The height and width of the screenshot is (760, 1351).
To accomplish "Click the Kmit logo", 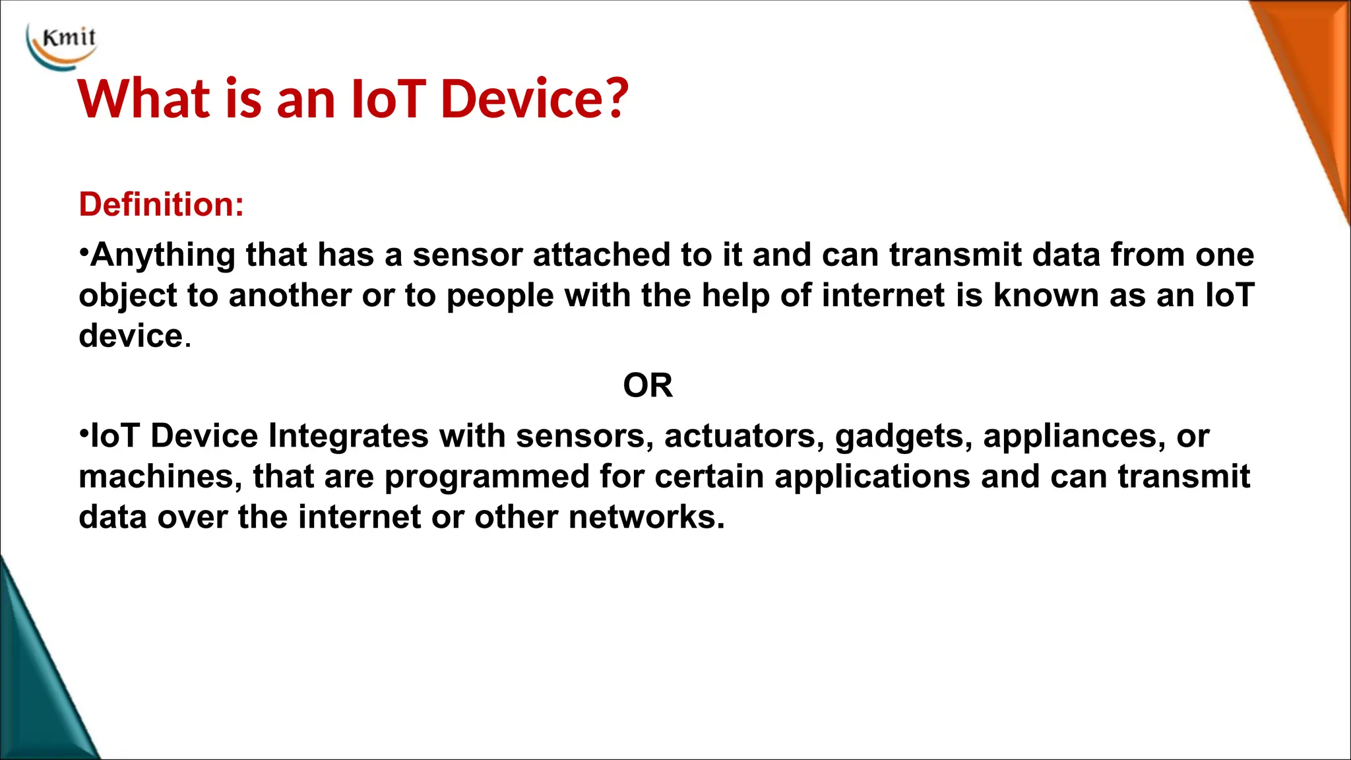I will coord(63,45).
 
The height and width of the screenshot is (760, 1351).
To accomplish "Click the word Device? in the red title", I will coord(534,99).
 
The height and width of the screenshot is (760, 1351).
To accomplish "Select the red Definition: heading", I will coord(162,204).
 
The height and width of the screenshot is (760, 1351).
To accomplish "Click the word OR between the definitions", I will coord(648,385).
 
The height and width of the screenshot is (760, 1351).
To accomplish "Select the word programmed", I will coord(487,478).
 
